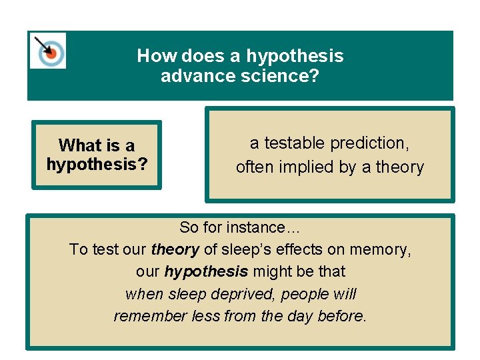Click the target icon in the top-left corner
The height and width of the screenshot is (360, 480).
[47, 50]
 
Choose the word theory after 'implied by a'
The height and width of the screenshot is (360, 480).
[399, 167]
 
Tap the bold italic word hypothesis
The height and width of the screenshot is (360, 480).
[206, 271]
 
